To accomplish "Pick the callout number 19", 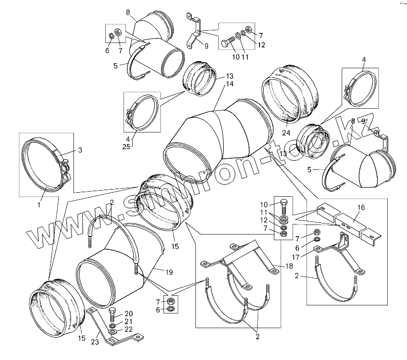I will coord(169,272).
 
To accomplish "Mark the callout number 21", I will coord(129,322).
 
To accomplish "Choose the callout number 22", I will coord(129,330).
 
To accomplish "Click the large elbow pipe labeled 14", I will coord(218,134).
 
